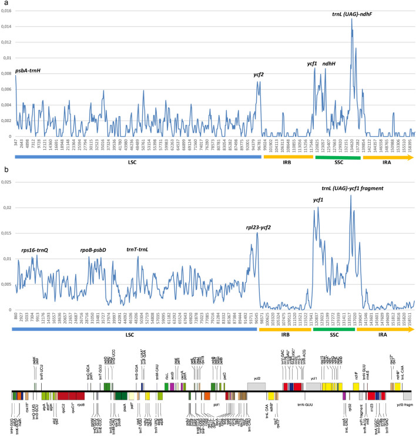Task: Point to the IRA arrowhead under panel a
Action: (411, 156)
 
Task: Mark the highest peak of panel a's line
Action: (352, 19)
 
